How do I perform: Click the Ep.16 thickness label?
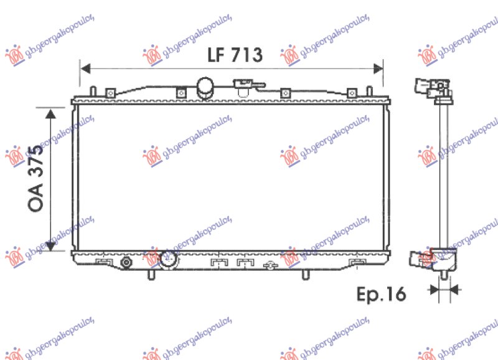(381, 293)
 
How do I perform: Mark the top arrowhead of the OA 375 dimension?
(50, 111)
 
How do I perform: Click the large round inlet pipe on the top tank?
(205, 88)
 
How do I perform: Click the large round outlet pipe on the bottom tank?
(169, 260)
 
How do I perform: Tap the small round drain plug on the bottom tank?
(126, 262)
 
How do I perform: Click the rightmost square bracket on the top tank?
(352, 93)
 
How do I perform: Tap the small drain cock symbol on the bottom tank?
(270, 266)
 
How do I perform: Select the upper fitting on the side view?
(432, 87)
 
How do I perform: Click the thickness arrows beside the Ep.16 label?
(443, 288)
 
